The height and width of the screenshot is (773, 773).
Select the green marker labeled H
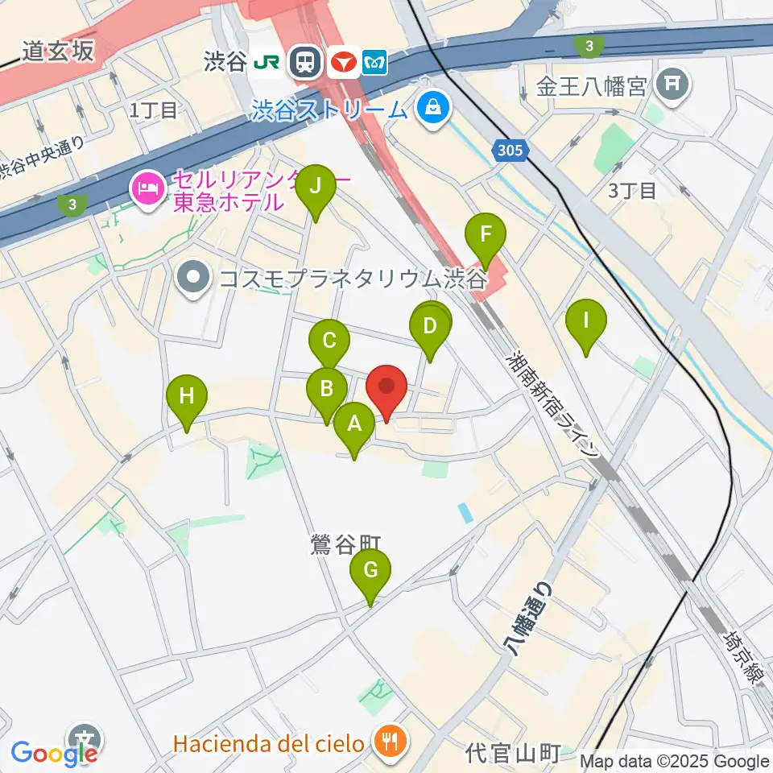[x=187, y=395]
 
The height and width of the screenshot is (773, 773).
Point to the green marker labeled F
[x=486, y=234]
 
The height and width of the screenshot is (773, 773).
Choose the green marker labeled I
[x=586, y=320]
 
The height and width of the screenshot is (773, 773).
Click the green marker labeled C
[x=329, y=339]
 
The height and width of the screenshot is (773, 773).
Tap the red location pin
[x=386, y=387]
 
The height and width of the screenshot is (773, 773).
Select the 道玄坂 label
[x=58, y=52]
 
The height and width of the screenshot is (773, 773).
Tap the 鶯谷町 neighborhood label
[x=345, y=545]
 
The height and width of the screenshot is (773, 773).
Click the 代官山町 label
[x=513, y=754]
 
